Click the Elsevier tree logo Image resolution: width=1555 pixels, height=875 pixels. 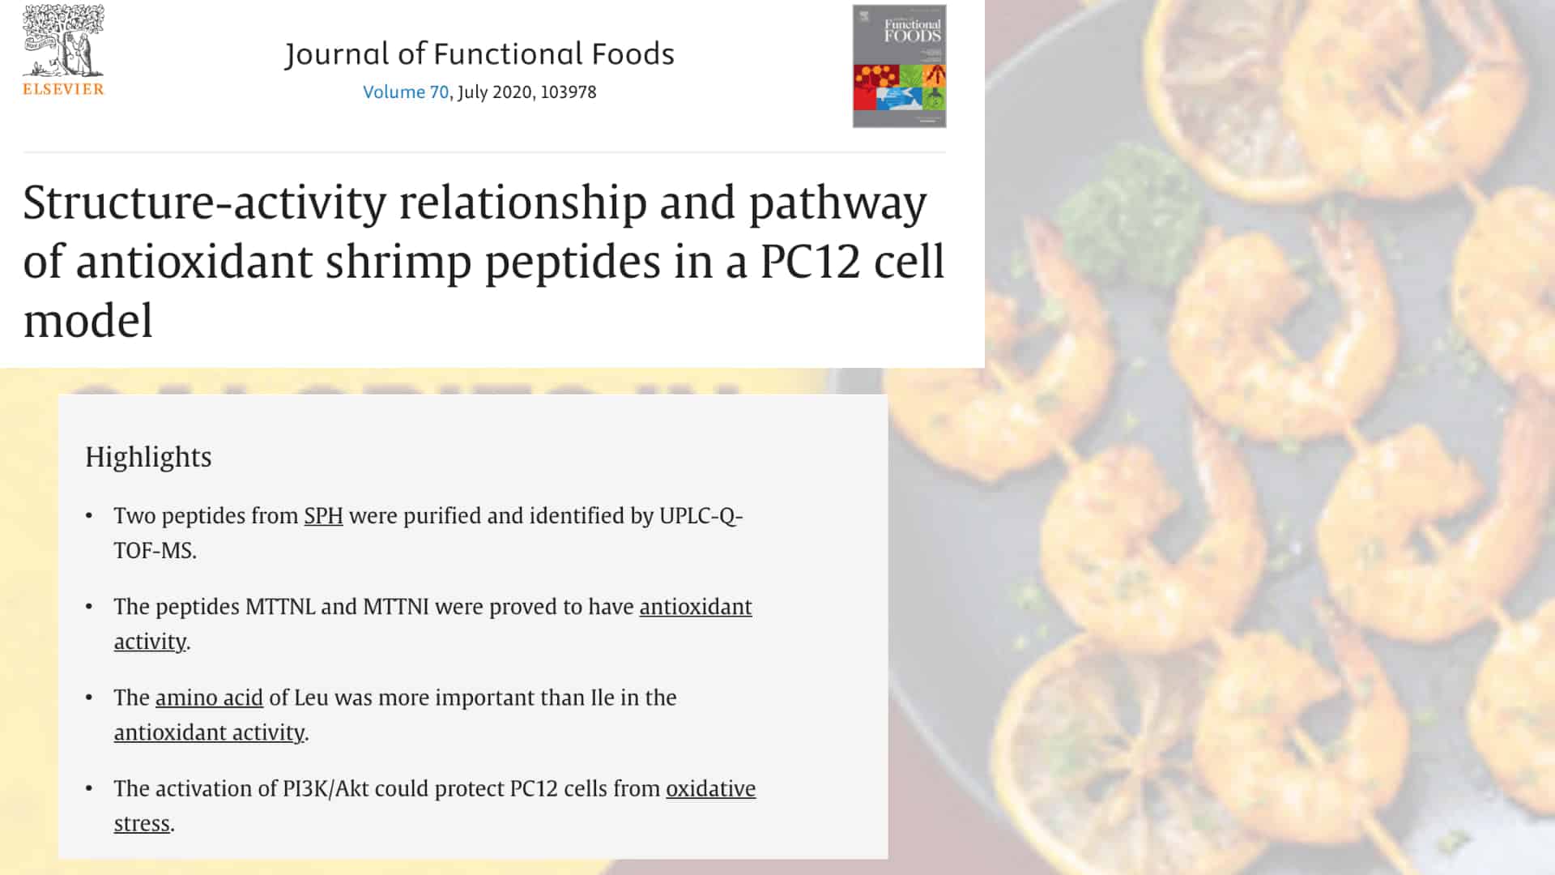click(x=63, y=41)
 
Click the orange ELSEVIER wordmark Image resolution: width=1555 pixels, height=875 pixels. click(x=63, y=89)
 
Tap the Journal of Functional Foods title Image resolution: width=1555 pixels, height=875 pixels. click(x=479, y=54)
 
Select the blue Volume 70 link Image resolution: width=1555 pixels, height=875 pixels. click(x=405, y=92)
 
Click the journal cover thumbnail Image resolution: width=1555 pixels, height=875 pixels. click(x=899, y=66)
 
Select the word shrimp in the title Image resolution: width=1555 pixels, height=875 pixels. click(x=398, y=262)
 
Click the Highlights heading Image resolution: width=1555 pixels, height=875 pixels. click(x=148, y=457)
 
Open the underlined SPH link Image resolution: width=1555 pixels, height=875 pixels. click(x=323, y=516)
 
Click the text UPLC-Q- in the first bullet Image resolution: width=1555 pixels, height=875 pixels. click(x=701, y=516)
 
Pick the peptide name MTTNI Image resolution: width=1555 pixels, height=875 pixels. click(x=396, y=607)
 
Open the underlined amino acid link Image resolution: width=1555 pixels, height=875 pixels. click(x=209, y=698)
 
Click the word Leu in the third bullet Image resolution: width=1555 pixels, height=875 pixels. click(x=311, y=698)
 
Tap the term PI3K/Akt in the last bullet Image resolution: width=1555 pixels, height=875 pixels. click(x=325, y=788)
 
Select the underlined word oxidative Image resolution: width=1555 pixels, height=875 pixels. click(x=710, y=788)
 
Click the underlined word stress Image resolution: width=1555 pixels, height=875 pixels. click(x=142, y=823)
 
